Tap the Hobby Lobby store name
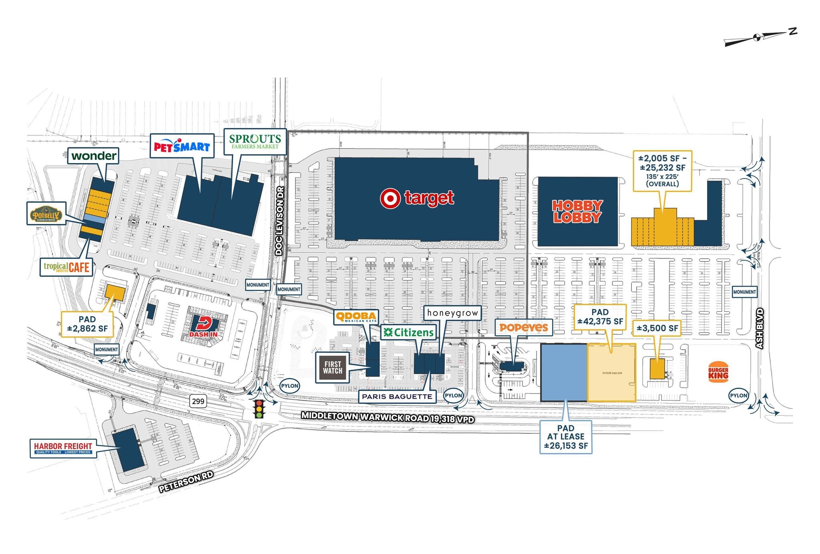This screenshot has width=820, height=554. [577, 212]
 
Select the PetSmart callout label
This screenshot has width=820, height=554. [182, 147]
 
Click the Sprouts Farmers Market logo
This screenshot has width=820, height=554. [255, 141]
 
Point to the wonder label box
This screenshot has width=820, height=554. [94, 155]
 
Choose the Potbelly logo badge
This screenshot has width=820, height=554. [46, 214]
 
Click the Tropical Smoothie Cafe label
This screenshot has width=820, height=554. [66, 267]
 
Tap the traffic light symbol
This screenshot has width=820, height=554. [259, 409]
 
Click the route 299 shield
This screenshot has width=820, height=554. [198, 401]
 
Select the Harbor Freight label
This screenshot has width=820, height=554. [63, 448]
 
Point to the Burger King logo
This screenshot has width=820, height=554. [718, 373]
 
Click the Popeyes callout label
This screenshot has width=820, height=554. [524, 328]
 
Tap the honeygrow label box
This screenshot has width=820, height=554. [452, 313]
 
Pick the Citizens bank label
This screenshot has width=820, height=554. [408, 332]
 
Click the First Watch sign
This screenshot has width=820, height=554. [333, 367]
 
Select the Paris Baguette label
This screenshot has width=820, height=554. [397, 397]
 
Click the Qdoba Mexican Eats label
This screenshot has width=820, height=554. [356, 317]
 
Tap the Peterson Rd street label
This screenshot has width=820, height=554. [186, 481]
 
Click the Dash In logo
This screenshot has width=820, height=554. [204, 327]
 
